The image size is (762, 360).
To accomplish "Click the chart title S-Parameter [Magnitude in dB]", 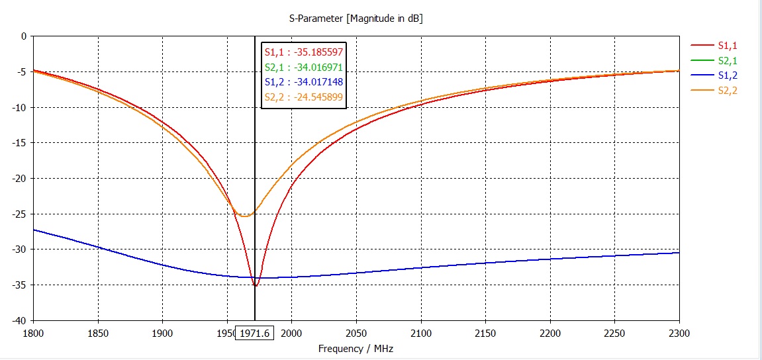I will [x=356, y=19].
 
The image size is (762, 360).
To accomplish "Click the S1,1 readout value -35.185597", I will [x=316, y=52].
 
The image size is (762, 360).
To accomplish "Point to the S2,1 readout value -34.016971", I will [x=316, y=67].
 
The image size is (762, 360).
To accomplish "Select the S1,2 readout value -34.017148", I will [x=316, y=82].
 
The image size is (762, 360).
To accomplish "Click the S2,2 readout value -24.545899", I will [x=316, y=97].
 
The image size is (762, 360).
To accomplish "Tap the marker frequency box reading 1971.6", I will [x=255, y=333].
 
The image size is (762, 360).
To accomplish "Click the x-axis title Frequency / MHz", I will [x=356, y=348].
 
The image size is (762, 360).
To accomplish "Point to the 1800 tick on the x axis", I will [x=33, y=333].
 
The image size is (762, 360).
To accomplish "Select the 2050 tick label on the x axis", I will [x=356, y=333].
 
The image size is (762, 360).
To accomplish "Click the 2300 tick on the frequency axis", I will [x=679, y=333].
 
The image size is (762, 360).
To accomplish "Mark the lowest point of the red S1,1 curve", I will [x=256, y=286].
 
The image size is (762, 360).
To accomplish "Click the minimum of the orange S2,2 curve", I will [x=244, y=216].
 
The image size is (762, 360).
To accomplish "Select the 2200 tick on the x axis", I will [x=550, y=333].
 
